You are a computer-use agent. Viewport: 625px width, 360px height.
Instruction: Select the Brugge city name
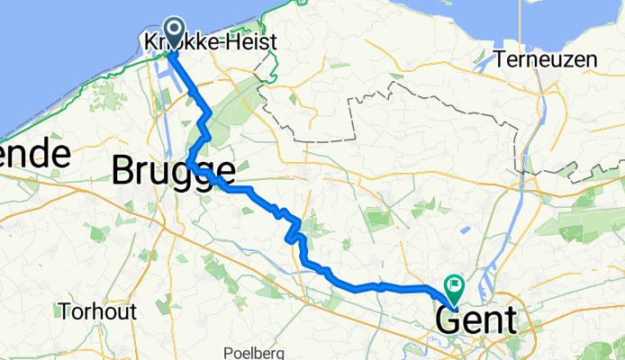pos(175,170)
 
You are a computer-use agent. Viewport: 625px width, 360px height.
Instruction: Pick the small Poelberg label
pos(258,352)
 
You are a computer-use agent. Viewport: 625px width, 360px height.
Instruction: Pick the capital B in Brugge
pos(124,170)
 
